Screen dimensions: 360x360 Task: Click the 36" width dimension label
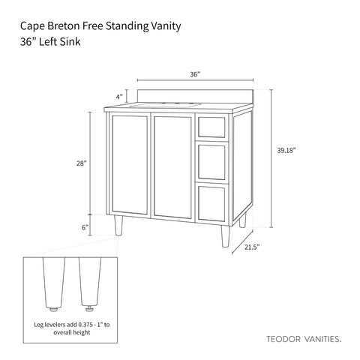coord(195,74)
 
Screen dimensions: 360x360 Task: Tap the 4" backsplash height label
coord(119,97)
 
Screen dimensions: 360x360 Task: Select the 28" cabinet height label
coord(82,163)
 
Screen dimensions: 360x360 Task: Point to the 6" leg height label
coord(85,227)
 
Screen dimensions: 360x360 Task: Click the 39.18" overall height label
coord(286,151)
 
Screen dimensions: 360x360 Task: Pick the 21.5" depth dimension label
coord(252,247)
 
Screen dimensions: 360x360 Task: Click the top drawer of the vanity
coord(211,127)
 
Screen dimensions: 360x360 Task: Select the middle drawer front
coord(211,162)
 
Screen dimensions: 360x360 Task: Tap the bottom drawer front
coord(211,203)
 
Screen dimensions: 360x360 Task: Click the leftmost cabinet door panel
coord(130,165)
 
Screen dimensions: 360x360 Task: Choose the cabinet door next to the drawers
coord(172,167)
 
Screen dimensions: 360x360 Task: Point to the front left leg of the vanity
coord(118,226)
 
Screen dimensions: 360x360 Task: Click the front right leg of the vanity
coord(225,236)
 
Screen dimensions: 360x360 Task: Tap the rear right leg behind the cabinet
coord(242,220)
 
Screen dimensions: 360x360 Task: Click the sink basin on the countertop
coord(166,105)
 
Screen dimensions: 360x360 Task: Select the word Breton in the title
coord(64,26)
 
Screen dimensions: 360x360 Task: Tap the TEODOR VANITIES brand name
coord(304,339)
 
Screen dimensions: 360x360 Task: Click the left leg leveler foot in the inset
coord(54,309)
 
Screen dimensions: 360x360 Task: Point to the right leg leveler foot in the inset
coord(89,309)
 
